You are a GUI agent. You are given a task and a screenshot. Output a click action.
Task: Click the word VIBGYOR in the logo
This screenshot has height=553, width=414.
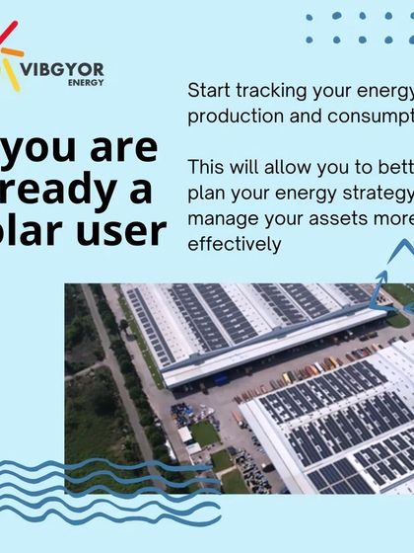pyautogui.click(x=61, y=69)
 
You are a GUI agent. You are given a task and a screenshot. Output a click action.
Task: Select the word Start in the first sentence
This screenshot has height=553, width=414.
pyautogui.click(x=210, y=91)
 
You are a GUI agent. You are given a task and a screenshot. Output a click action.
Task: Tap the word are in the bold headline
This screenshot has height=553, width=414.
pyautogui.click(x=124, y=148)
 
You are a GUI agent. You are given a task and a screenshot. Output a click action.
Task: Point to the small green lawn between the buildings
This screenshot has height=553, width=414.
pyautogui.click(x=204, y=433)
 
